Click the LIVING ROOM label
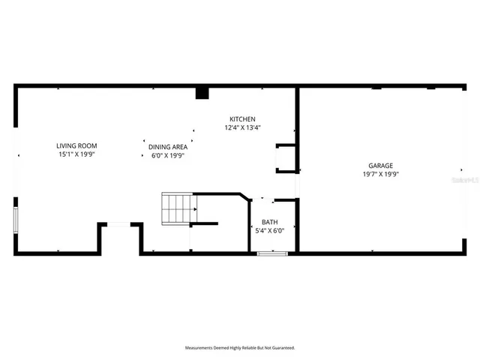coord(76,145)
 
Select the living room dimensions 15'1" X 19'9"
coord(76,154)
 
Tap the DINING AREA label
coord(167,147)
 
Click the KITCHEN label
coord(242,119)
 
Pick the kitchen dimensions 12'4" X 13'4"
coord(242,127)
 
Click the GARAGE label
coord(380,166)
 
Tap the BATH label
coord(268,223)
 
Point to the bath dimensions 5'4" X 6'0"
coord(268,231)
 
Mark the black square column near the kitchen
coord(201,93)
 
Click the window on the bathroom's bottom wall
coord(272,253)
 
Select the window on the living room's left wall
coord(16,222)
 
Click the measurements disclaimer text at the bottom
coord(240,348)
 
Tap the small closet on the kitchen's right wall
coord(286,158)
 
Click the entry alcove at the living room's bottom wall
coord(119,238)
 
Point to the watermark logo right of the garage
coord(466,180)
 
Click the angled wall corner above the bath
coord(245,198)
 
